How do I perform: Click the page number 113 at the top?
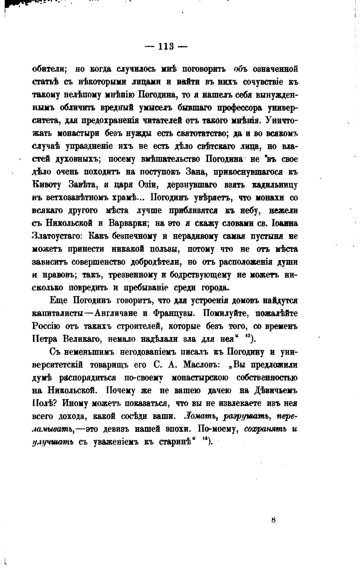coord(166,46)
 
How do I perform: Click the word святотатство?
coord(201,133)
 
